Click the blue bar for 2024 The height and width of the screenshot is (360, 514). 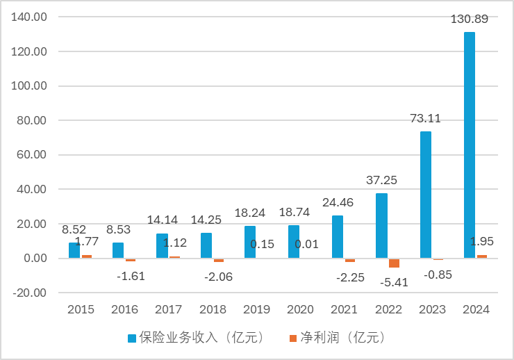(470, 145)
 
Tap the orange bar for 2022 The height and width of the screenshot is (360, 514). (394, 263)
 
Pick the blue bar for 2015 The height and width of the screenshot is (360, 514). (74, 250)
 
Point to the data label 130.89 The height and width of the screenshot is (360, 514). (469, 19)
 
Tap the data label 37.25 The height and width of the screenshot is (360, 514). (381, 180)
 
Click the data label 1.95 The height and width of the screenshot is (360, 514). (482, 243)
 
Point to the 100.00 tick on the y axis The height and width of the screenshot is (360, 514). (30, 86)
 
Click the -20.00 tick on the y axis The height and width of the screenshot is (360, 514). (30, 293)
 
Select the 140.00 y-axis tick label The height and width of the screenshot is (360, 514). (30, 17)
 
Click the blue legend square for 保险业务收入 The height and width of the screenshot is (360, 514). (131, 338)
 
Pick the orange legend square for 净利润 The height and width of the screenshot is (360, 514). (292, 338)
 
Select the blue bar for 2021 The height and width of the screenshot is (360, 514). (338, 236)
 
